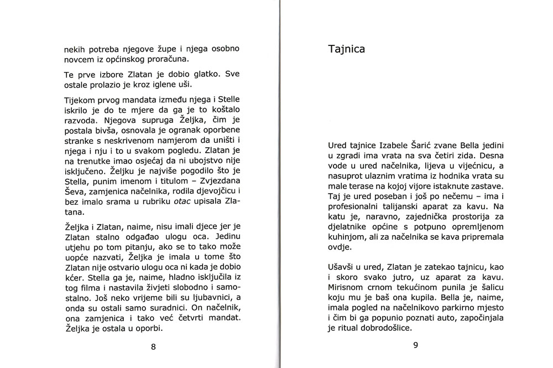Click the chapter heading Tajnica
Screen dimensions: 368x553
[347, 49]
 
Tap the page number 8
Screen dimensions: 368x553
[153, 347]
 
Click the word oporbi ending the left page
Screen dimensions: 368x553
[152, 329]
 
